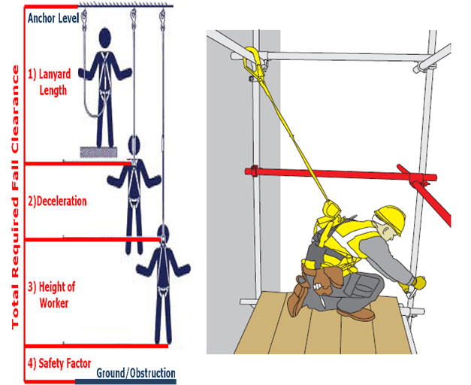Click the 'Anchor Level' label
coord(53,18)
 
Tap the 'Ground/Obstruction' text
coord(136,373)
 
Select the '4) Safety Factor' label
coord(59,363)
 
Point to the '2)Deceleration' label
coord(57,201)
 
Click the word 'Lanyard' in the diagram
coord(55,74)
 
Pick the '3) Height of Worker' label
coord(51,295)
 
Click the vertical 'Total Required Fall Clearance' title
coord(15,197)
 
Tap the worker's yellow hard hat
coord(390,217)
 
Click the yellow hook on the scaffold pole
coord(253,61)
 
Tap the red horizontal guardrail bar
coord(340,174)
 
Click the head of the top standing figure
coord(105,38)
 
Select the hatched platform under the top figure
coord(98,152)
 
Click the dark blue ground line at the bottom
coord(125,382)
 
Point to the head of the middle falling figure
coord(134,146)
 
